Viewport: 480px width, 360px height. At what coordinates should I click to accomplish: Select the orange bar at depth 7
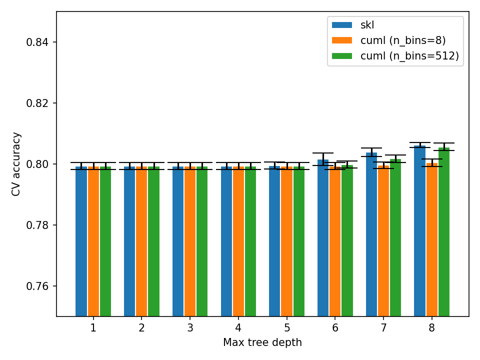point(383,240)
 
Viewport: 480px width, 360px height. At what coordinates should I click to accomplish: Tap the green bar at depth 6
point(347,240)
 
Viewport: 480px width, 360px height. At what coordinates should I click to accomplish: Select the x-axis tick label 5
point(287,328)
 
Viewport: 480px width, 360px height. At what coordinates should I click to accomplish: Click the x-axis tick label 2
point(141,328)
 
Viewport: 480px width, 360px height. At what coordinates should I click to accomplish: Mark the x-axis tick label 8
point(432,328)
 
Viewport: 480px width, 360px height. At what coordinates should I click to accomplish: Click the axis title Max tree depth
point(262,342)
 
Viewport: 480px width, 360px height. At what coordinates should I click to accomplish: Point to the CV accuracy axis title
point(16,164)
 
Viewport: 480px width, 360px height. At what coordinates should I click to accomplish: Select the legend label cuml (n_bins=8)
point(402,40)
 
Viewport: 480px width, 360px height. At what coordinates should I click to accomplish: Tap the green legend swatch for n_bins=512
point(342,56)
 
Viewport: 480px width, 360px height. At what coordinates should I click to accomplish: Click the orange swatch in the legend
point(342,40)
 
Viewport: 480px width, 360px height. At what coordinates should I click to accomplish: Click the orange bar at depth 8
point(432,239)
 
